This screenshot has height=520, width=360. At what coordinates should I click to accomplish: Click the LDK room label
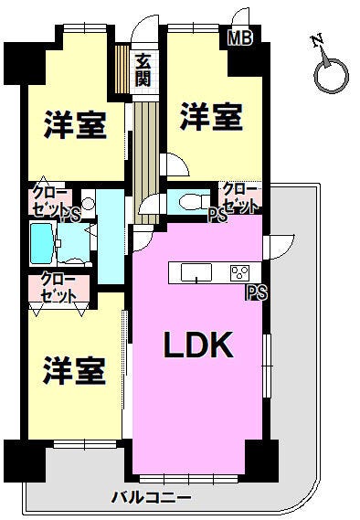click(198, 345)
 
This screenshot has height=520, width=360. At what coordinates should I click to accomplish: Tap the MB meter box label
click(240, 37)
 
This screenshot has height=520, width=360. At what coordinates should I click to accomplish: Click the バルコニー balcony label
click(151, 498)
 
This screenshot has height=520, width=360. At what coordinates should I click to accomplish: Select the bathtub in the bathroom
click(42, 243)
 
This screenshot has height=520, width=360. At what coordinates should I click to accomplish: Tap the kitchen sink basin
click(196, 272)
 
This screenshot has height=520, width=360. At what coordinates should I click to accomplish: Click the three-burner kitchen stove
click(240, 273)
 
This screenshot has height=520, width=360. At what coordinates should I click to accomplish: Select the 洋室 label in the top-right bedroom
click(211, 117)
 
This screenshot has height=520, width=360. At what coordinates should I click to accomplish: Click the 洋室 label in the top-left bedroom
click(75, 125)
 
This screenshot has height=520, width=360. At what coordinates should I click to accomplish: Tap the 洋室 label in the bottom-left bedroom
click(75, 370)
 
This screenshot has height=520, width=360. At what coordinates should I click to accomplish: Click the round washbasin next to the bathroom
click(89, 203)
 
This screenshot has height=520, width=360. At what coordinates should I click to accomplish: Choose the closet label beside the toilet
click(240, 197)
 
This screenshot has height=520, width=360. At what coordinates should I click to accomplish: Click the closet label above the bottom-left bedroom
click(58, 287)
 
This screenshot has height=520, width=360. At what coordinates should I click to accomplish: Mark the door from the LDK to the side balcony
click(279, 248)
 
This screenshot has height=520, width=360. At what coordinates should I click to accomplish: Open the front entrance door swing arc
click(146, 27)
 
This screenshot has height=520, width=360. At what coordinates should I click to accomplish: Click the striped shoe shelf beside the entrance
click(122, 69)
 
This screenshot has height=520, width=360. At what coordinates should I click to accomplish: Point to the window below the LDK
click(188, 478)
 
